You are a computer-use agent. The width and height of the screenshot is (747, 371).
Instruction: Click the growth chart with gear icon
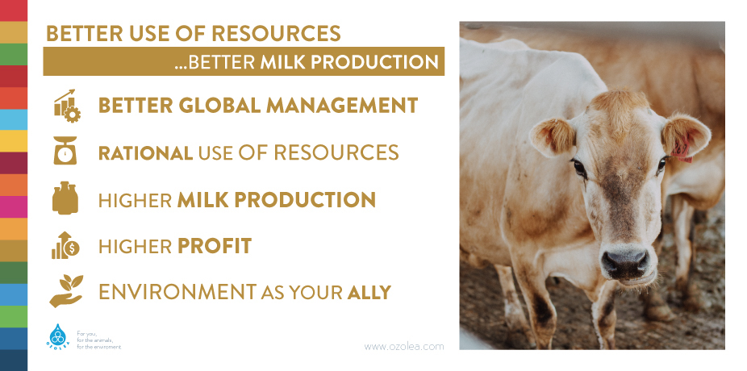tap(67, 106)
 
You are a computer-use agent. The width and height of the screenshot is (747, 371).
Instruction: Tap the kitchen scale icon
tap(65, 151)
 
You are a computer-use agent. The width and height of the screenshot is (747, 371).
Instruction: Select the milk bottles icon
tap(65, 198)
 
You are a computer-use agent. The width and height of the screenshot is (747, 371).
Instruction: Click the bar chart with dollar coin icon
tap(65, 246)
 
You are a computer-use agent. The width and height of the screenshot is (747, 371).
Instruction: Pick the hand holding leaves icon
tap(66, 290)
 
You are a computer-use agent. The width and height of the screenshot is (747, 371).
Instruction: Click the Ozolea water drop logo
tap(57, 336)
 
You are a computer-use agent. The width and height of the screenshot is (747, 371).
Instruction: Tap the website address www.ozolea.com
tap(404, 347)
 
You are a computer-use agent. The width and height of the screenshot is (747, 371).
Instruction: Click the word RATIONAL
tap(145, 153)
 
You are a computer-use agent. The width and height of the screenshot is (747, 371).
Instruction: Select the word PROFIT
tap(215, 246)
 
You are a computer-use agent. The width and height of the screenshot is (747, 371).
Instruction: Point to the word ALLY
tap(369, 292)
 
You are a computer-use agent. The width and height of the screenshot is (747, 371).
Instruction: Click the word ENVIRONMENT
tap(177, 292)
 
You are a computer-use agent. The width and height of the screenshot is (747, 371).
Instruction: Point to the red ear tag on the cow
tap(682, 148)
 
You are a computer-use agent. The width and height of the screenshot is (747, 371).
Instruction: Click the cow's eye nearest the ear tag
tap(661, 165)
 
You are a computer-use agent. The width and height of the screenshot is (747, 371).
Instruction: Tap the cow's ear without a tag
tap(553, 136)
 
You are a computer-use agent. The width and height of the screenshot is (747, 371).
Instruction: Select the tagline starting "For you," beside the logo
tap(98, 340)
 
